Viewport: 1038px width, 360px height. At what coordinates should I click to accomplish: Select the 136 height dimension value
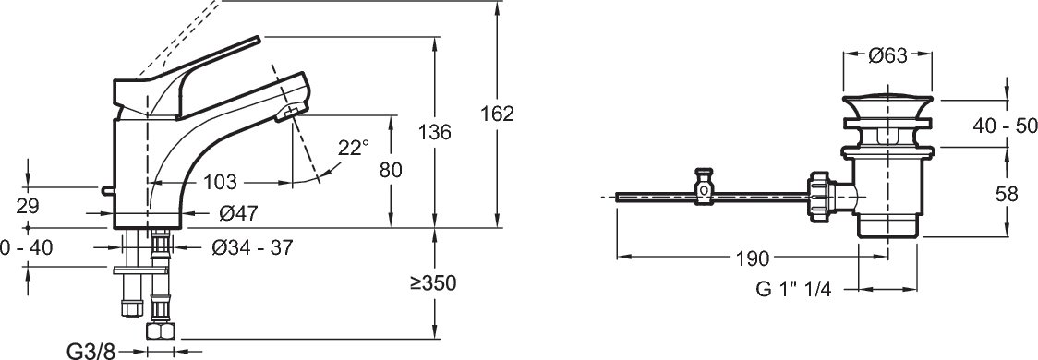435,132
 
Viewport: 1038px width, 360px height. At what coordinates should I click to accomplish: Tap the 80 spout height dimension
392,170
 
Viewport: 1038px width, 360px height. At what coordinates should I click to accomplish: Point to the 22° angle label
354,147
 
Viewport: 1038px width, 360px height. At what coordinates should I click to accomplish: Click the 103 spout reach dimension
220,181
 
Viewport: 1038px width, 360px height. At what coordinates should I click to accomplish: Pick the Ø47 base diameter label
238,213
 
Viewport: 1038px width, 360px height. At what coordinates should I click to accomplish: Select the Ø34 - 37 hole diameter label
252,247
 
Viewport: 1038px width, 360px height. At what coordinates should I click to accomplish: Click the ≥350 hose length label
433,283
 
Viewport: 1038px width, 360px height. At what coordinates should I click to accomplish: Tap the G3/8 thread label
90,349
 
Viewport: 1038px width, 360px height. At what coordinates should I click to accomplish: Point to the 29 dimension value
29,207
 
